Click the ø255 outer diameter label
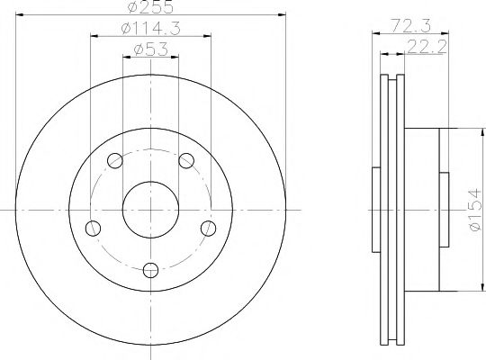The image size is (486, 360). [150, 7]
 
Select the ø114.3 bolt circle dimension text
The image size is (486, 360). [150, 29]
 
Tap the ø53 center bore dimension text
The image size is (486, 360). [150, 49]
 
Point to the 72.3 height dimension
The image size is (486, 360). [410, 25]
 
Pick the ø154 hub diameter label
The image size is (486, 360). [476, 211]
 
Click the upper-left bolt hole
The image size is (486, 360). [115, 160]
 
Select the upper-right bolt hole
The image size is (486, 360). [186, 160]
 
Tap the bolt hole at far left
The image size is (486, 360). [93, 229]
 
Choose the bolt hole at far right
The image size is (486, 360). [208, 229]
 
